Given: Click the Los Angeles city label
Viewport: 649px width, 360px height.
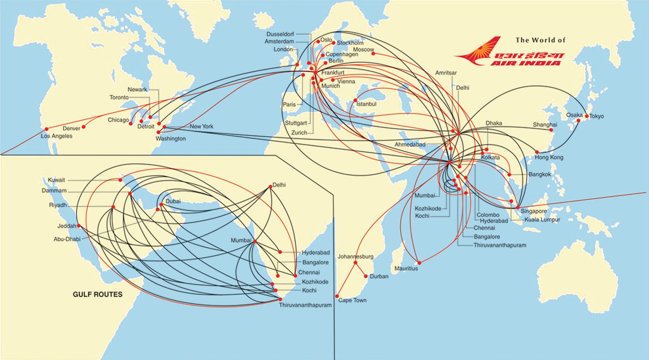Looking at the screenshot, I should coord(56,136).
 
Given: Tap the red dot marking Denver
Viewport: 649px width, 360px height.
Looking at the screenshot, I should coord(84,127).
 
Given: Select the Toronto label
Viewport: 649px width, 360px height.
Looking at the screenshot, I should coord(119,97).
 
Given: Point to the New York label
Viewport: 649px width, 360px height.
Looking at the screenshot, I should coord(201,126).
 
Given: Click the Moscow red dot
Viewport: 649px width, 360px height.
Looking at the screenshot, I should coord(373,54).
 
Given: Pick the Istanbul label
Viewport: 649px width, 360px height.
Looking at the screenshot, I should coord(366,104).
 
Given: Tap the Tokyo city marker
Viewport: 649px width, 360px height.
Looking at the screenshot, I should coord(587,116).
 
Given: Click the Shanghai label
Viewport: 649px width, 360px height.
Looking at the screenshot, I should coord(545,125).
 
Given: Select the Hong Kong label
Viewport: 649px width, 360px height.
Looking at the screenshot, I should coord(549,157).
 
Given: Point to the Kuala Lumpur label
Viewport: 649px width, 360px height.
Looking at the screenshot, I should coord(542,220).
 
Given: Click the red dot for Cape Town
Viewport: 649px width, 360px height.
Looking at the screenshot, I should coord(337,296).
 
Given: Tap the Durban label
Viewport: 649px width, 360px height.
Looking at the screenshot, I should coord(379,276).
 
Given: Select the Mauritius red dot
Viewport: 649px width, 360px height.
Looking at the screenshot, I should coord(419,263).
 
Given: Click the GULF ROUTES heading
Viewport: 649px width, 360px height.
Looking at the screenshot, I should coord(97,294).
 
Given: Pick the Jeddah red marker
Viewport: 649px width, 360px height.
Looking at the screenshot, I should coord(79,226).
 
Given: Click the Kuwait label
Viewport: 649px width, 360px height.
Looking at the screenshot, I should coord(56,180).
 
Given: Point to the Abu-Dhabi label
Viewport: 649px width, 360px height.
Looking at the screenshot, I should coord(67,239).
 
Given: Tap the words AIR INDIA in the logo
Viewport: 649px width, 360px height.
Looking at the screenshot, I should coord(525,63).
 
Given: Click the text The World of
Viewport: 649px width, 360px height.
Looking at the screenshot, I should coord(540,40).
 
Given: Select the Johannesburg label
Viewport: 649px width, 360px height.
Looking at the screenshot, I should coord(355,257).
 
